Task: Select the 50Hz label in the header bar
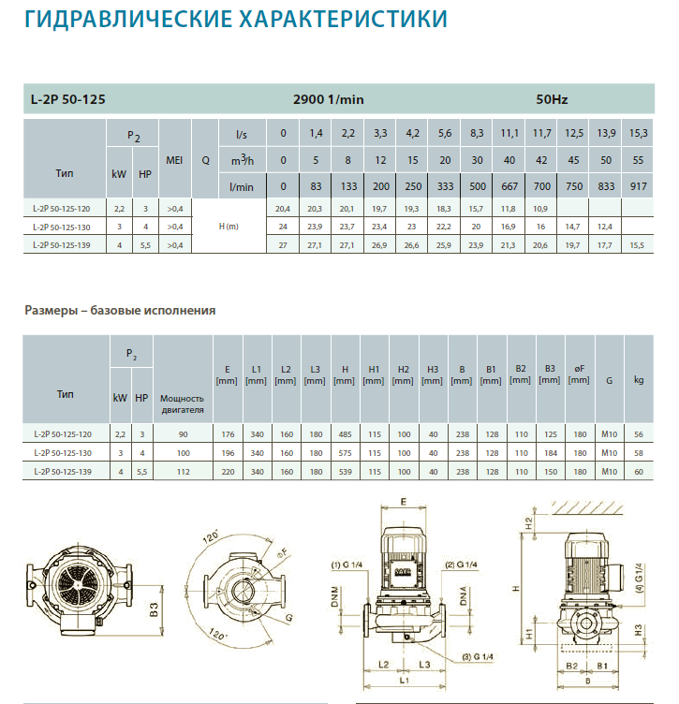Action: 552,99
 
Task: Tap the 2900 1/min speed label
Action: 329,99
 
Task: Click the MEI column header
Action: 174,160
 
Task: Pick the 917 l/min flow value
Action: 638,186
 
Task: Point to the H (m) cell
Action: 229,227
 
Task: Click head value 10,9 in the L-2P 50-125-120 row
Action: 540,209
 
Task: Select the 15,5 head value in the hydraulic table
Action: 637,245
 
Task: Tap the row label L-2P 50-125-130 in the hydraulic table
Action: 62,227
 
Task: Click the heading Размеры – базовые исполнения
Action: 120,310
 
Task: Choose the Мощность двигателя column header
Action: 183,403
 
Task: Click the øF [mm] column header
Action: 579,374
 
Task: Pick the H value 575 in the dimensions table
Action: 345,453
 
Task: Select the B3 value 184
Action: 551,453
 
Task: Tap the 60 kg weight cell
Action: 639,472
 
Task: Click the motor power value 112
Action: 184,472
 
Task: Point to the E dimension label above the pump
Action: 404,502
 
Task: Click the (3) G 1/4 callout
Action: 478,656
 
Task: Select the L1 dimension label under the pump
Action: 405,681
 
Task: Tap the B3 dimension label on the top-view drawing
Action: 154,609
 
